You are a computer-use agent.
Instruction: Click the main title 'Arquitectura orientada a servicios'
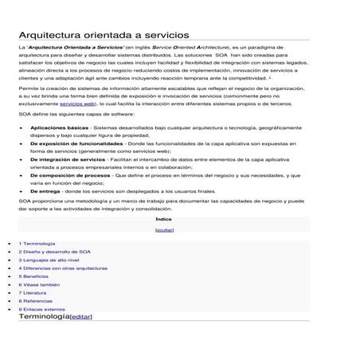tap(104, 36)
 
